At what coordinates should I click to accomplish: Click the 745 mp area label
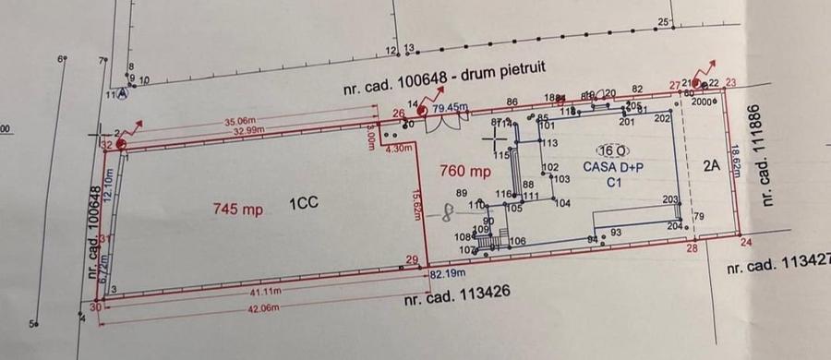(237, 210)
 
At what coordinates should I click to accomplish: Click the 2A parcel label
(710, 167)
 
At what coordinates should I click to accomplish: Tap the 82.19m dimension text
(447, 274)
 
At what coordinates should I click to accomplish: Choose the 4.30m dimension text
(397, 149)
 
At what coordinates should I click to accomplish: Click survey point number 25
(663, 21)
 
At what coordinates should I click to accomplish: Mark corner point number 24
(746, 243)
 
